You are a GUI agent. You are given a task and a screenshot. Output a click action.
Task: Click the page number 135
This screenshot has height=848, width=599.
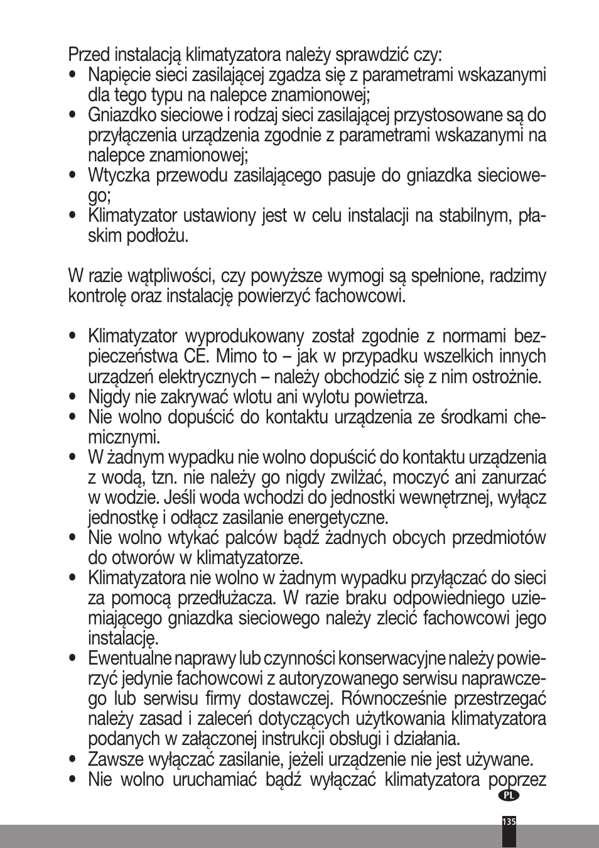pyautogui.click(x=509, y=822)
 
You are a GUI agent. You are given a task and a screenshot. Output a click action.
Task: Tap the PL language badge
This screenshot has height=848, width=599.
pyautogui.click(x=509, y=795)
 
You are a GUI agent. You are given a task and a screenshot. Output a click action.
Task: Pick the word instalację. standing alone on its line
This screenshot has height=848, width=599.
pyautogui.click(x=123, y=639)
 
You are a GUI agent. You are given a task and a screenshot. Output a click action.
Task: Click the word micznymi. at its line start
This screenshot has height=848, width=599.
pyautogui.click(x=124, y=437)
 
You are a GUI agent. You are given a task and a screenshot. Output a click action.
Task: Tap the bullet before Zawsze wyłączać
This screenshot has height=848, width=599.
pyautogui.click(x=74, y=759)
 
